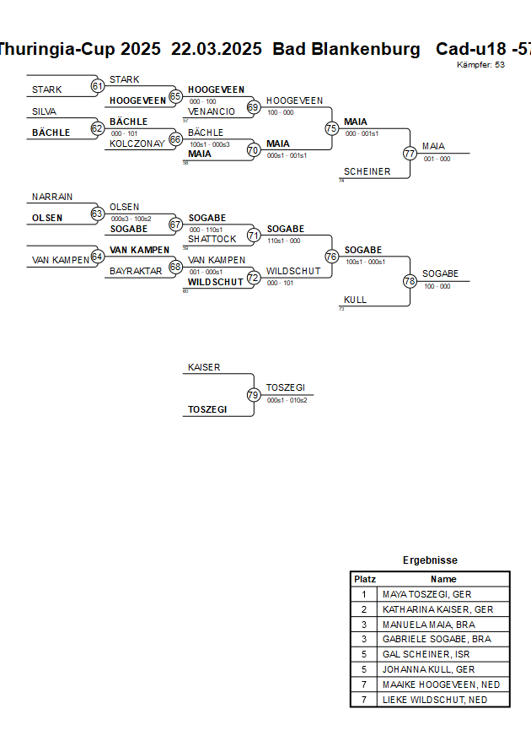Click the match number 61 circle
click(x=97, y=86)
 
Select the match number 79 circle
click(x=254, y=394)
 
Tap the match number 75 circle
click(x=331, y=128)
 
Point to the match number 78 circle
click(x=410, y=280)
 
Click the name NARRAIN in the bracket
click(x=52, y=197)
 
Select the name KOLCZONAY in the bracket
click(x=137, y=143)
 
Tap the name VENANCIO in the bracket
click(x=212, y=111)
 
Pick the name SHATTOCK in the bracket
click(x=212, y=239)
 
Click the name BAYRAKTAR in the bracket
click(x=136, y=271)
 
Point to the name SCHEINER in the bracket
click(x=367, y=171)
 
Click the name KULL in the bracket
click(x=355, y=300)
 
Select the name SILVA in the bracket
click(x=45, y=111)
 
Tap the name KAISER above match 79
click(x=204, y=367)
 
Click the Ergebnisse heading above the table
click(x=430, y=560)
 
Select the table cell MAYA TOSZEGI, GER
click(x=426, y=594)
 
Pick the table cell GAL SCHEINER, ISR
click(x=426, y=654)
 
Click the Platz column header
click(x=365, y=579)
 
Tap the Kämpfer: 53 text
click(x=480, y=64)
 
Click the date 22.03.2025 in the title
click(x=217, y=49)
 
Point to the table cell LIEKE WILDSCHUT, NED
click(x=434, y=700)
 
